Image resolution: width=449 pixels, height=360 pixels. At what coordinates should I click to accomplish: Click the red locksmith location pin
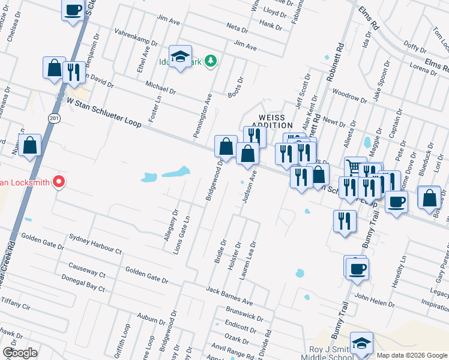coord(58,182)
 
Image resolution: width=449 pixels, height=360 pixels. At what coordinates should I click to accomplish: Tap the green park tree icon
coord(210,60)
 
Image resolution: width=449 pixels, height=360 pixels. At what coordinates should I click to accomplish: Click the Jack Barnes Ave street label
coord(229,295)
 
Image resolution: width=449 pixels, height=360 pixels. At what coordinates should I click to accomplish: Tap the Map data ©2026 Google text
coord(411,355)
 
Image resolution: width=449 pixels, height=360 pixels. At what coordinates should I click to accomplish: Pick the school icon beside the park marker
coord(179,57)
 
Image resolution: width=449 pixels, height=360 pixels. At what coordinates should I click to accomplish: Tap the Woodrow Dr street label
coord(349,97)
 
